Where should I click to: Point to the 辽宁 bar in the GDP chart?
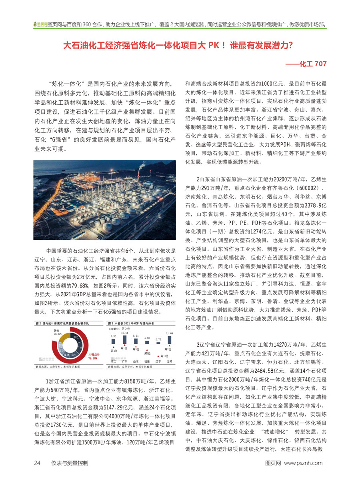click(x=158, y=346)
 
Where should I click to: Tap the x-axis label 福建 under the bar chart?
click(x=147, y=361)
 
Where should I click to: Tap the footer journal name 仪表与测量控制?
click(x=70, y=463)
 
